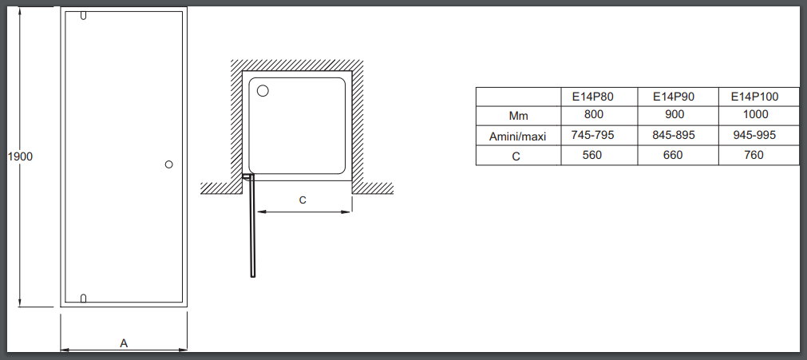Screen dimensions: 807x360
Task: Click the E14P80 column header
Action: pyautogui.click(x=593, y=97)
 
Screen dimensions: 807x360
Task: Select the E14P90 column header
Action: pyautogui.click(x=674, y=97)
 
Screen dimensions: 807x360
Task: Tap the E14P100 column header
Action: pyautogui.click(x=755, y=97)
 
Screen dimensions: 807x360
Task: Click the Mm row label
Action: pyautogui.click(x=518, y=116)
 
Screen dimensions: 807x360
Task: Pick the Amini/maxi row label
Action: pyautogui.click(x=517, y=136)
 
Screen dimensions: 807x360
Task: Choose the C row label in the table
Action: pyautogui.click(x=516, y=156)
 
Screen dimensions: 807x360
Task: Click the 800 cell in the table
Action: pyautogui.click(x=593, y=114)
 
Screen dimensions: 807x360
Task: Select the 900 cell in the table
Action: pyautogui.click(x=674, y=114)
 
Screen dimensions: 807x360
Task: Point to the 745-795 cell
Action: pyautogui.click(x=593, y=135)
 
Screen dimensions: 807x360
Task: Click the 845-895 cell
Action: pyautogui.click(x=674, y=135)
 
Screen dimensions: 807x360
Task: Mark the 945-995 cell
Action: pyautogui.click(x=754, y=135)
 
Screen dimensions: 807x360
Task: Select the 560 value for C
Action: pyautogui.click(x=591, y=155)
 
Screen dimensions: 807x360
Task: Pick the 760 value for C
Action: pyautogui.click(x=754, y=155)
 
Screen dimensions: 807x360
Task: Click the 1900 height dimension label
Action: pyautogui.click(x=21, y=156)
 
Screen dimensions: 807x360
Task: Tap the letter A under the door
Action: pyautogui.click(x=124, y=343)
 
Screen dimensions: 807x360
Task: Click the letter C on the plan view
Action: pyautogui.click(x=303, y=200)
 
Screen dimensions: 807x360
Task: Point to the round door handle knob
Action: pyautogui.click(x=168, y=164)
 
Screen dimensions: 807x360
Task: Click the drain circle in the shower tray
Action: pyautogui.click(x=263, y=91)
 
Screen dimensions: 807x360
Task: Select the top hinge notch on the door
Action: pyautogui.click(x=83, y=15)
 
